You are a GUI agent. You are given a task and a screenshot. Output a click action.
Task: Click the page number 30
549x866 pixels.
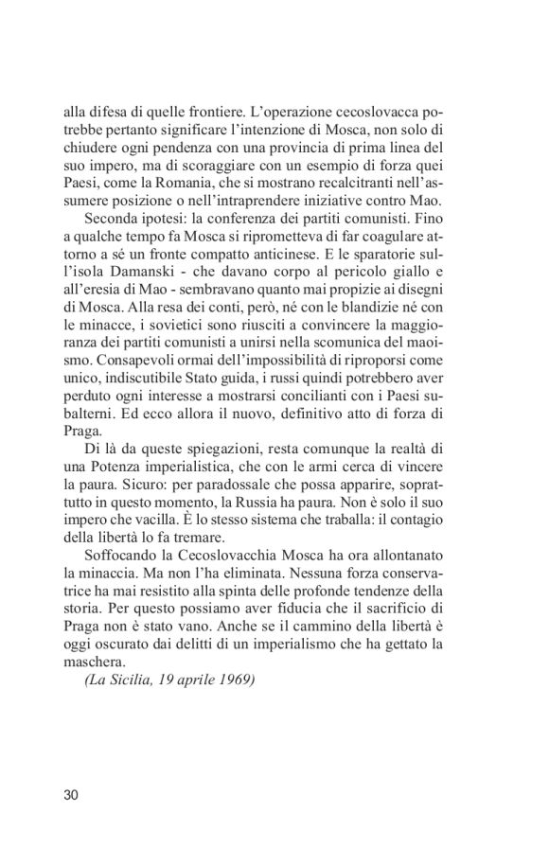pyautogui.click(x=72, y=794)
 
